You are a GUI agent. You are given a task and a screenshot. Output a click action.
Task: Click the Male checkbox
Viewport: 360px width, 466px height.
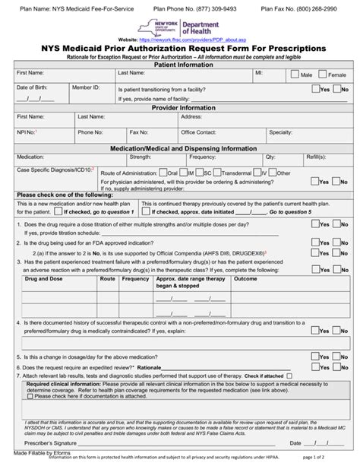[x=297, y=75]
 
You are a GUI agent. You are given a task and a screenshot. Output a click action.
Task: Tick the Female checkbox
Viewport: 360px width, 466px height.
[x=323, y=75]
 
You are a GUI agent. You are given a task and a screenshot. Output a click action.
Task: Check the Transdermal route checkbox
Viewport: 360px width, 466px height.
[x=217, y=173]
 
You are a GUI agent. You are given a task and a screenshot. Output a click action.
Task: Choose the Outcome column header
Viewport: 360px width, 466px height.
[x=245, y=279]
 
